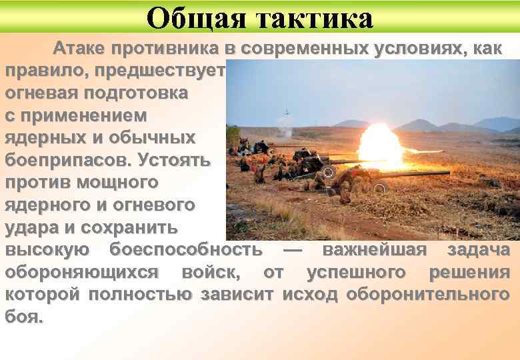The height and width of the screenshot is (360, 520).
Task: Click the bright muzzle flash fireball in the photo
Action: [x=381, y=145]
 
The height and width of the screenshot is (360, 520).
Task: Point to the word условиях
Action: [x=413, y=49]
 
